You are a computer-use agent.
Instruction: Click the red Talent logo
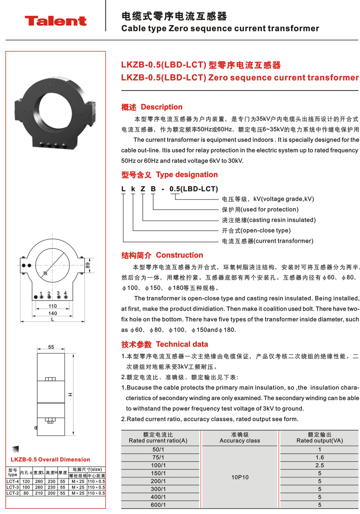pyautogui.click(x=55, y=21)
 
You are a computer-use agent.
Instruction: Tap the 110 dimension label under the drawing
pyautogui.click(x=53, y=306)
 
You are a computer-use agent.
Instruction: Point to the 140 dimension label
pyautogui.click(x=53, y=314)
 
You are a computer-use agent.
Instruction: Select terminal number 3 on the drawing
pyautogui.click(x=58, y=293)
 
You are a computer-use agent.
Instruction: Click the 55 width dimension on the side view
pyautogui.click(x=51, y=347)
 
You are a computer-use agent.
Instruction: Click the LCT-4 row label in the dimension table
pyautogui.click(x=12, y=481)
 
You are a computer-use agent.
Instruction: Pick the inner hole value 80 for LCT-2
pyautogui.click(x=26, y=493)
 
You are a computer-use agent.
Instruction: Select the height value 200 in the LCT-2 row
pyautogui.click(x=52, y=493)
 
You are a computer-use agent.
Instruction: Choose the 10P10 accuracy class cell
pyautogui.click(x=240, y=477)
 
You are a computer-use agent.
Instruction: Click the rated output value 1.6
pyautogui.click(x=320, y=457)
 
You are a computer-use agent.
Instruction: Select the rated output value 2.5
pyautogui.click(x=320, y=465)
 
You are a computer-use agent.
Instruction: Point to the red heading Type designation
pyautogui.click(x=187, y=175)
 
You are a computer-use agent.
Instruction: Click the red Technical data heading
pyautogui.click(x=182, y=344)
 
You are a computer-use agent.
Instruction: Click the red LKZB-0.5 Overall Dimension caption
pyautogui.click(x=50, y=460)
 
